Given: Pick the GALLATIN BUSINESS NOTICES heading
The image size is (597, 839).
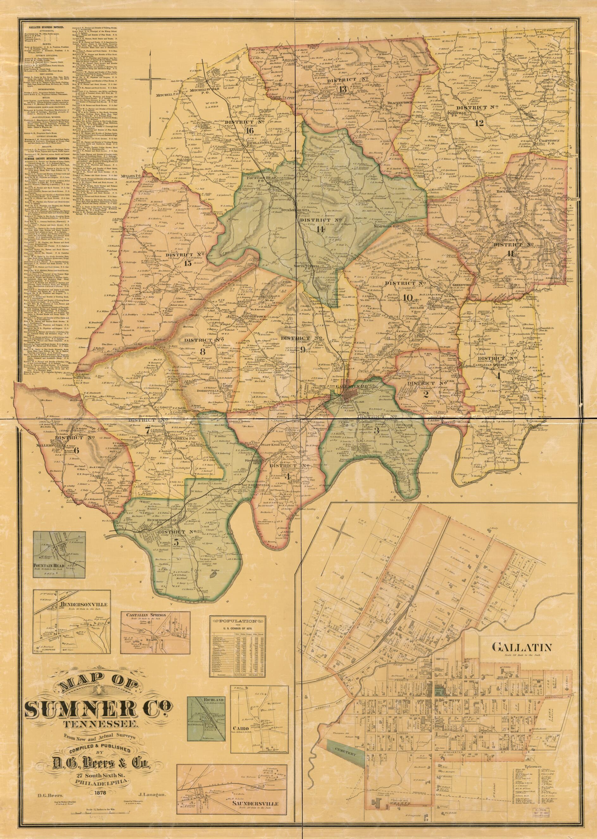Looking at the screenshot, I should pos(46,28).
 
